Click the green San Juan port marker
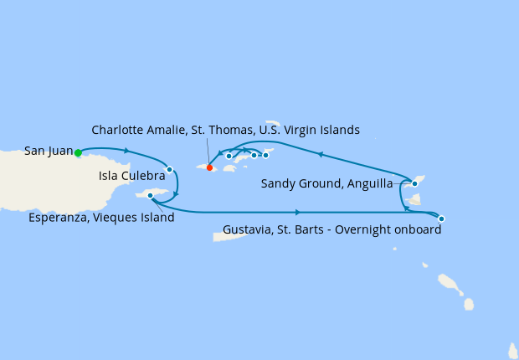[78, 153]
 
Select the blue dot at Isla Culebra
[169, 169]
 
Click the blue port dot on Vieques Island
[150, 196]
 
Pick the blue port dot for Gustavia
[441, 219]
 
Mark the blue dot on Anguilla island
[414, 183]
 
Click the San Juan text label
[49, 152]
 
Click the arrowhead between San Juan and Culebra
[126, 151]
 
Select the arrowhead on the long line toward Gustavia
[299, 212]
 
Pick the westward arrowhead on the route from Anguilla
[319, 154]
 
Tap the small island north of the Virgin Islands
[273, 123]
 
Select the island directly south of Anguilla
[413, 200]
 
